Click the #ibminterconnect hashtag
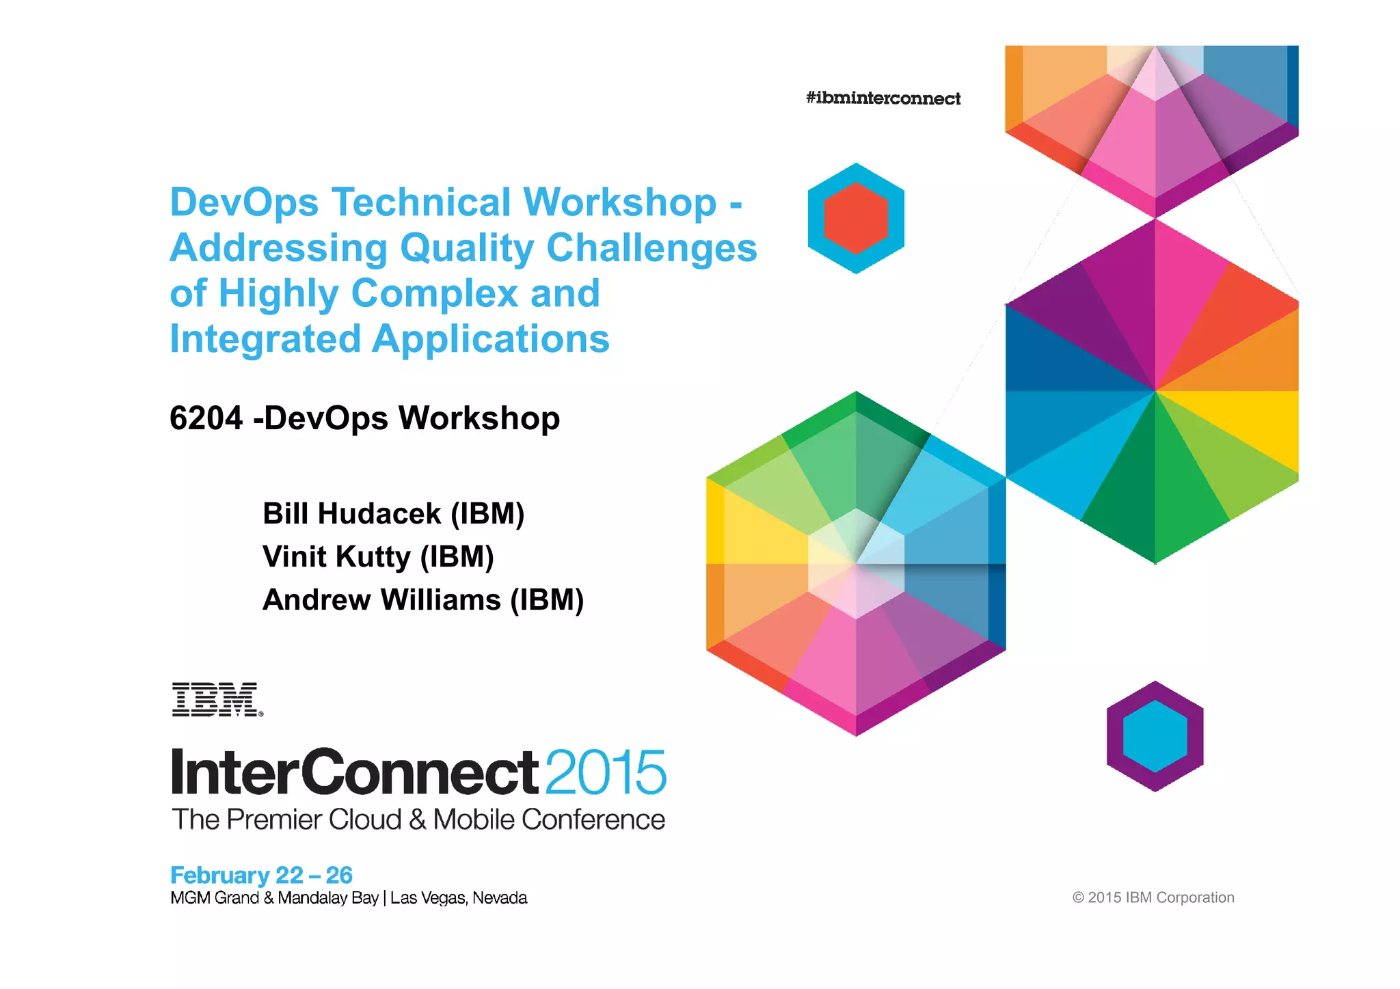(883, 98)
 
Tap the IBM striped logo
(217, 699)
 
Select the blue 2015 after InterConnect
(606, 772)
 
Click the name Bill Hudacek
(352, 514)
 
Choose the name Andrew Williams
(381, 600)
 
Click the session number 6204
(206, 418)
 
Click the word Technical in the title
(421, 202)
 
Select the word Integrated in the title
(265, 339)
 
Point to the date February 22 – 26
(261, 875)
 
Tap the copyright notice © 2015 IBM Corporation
(1153, 897)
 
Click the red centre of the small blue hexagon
(856, 219)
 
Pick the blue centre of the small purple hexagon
(1155, 736)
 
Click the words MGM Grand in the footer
(214, 898)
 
